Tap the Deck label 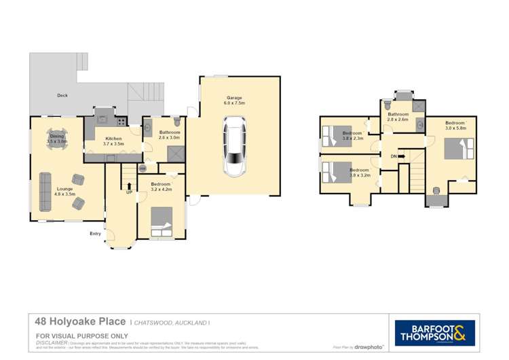pyautogui.click(x=62, y=96)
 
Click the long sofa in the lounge pyautogui.click(x=46, y=191)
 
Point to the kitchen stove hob pyautogui.click(x=121, y=123)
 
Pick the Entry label pyautogui.click(x=95, y=234)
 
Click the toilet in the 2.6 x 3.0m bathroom pyautogui.click(x=176, y=120)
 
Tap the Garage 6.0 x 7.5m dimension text pyautogui.click(x=235, y=103)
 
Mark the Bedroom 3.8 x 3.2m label pyautogui.click(x=358, y=172)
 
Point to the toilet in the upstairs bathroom pyautogui.click(x=388, y=107)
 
